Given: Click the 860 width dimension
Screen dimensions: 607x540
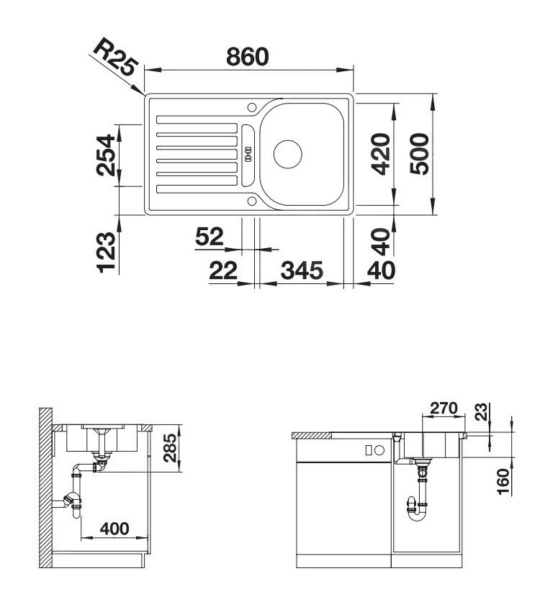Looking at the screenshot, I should [248, 56].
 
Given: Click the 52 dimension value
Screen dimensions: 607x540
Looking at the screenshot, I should [210, 236].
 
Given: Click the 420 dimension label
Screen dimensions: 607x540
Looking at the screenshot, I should [381, 154].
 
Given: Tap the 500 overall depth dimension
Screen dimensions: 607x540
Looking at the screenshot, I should [420, 154].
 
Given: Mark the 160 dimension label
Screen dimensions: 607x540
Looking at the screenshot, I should [503, 480].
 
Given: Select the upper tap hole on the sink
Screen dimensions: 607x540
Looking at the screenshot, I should [251, 108].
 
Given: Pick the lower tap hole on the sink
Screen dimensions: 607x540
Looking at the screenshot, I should [251, 201].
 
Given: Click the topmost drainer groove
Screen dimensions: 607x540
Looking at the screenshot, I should [197, 118].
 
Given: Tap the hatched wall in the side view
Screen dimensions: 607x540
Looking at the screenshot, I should [46, 489].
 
